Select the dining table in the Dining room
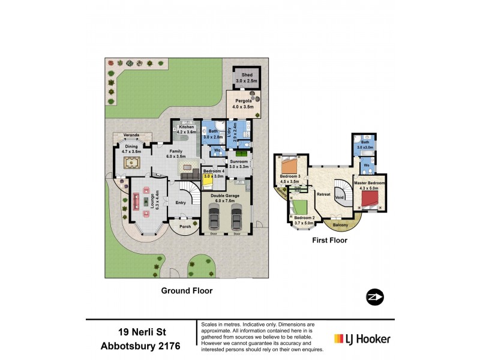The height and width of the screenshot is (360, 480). [x=132, y=163]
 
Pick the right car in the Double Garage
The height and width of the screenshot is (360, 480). [x=236, y=218]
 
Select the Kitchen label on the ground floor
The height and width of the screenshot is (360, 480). [x=187, y=127]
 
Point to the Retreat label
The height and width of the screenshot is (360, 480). [x=323, y=194]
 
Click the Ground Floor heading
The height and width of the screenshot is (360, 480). [x=187, y=290]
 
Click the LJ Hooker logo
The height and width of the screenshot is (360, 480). [x=362, y=338]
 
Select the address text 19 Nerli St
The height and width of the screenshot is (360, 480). [x=142, y=332]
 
